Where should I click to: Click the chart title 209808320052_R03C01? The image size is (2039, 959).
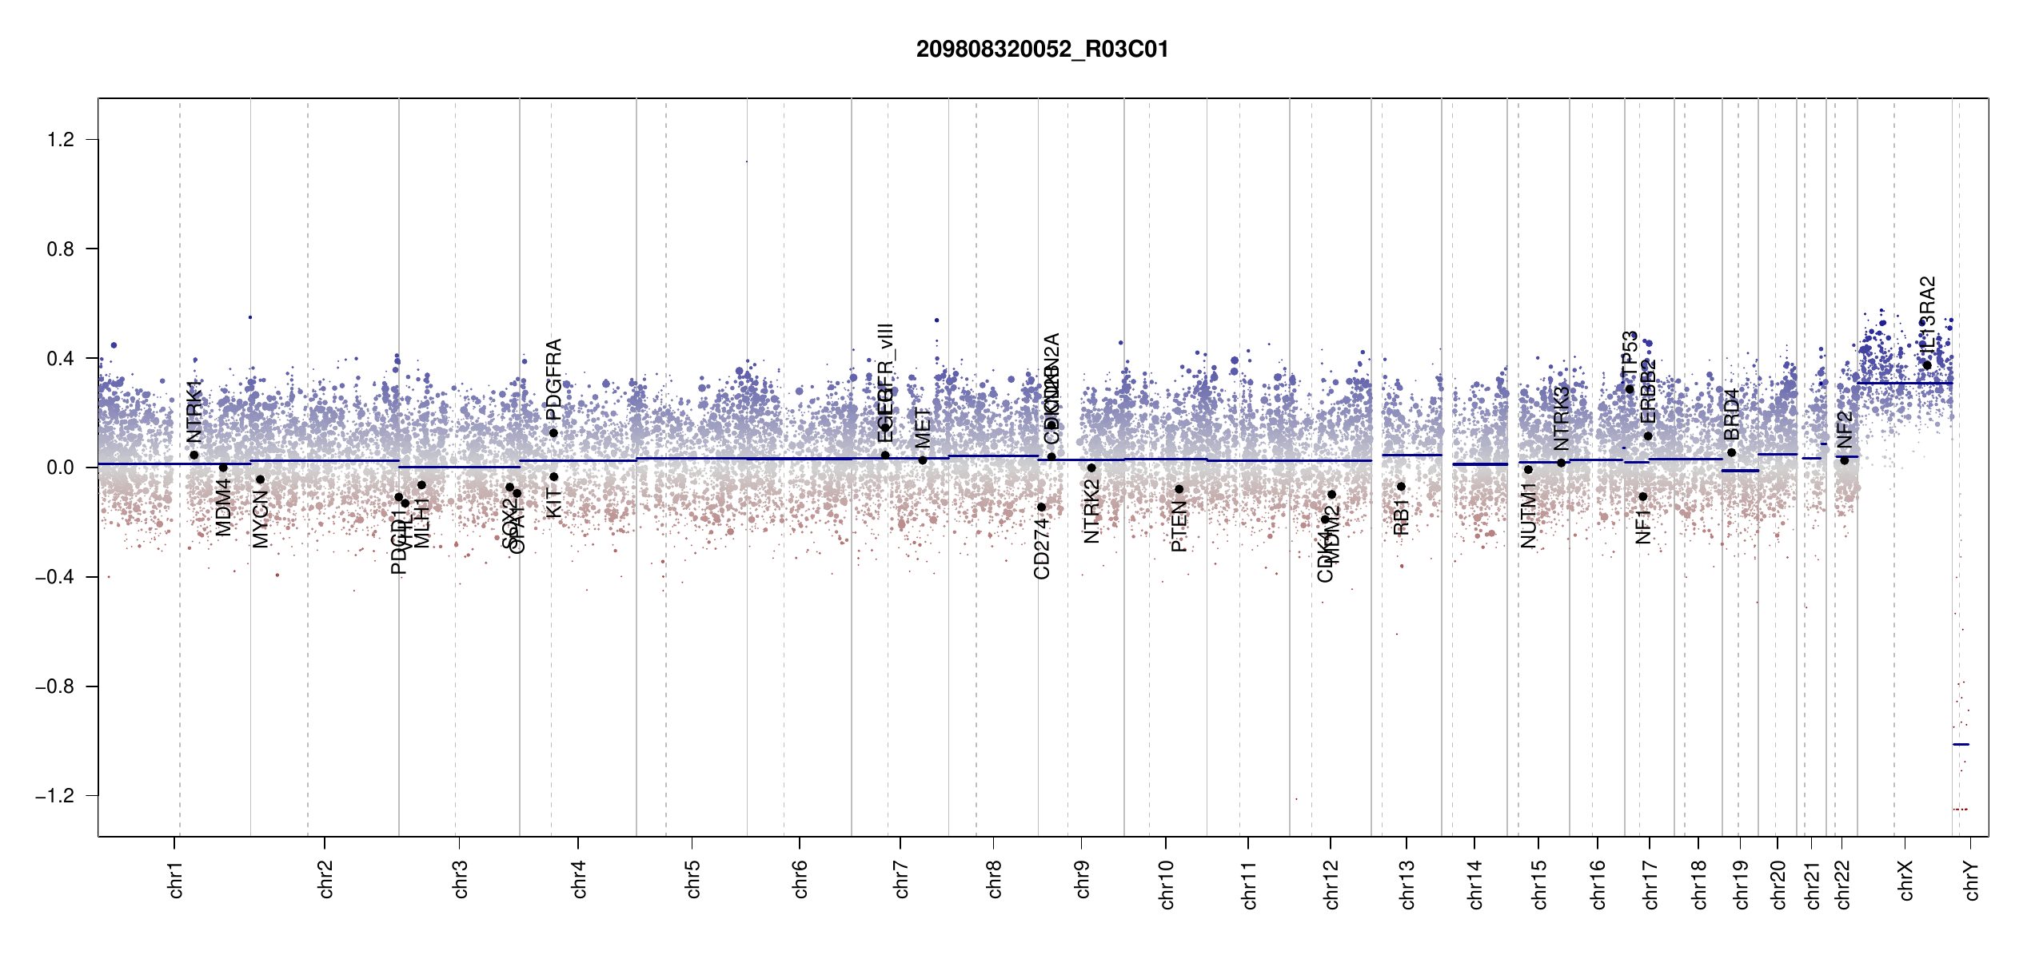(1042, 50)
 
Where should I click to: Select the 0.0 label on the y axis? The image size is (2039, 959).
(61, 468)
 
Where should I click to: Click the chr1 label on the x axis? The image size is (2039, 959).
(176, 880)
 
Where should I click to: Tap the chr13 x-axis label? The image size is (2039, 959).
(1407, 884)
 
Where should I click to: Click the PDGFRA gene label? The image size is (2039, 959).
(553, 379)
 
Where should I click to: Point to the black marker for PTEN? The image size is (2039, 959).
(1179, 489)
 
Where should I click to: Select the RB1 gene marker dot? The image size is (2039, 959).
(1401, 487)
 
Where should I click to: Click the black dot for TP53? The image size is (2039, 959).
(1630, 389)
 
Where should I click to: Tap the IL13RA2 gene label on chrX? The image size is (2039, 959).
(1927, 314)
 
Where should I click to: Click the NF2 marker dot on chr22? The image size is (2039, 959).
(1844, 460)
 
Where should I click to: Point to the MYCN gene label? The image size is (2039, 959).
(261, 519)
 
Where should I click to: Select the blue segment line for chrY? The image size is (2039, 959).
(1961, 744)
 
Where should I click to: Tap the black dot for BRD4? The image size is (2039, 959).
(1731, 452)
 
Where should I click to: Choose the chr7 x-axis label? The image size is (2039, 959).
(901, 880)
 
